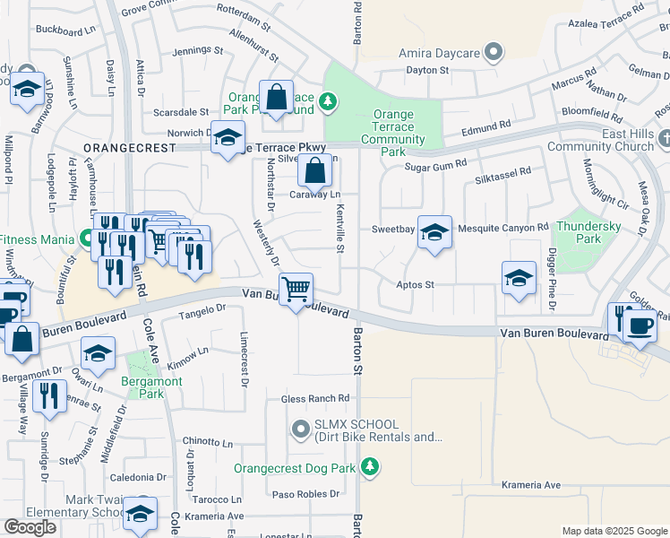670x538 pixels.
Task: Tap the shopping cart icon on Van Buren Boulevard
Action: (x=296, y=290)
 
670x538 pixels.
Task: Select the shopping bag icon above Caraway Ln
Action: (x=314, y=169)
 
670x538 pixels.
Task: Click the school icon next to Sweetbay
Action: (x=434, y=232)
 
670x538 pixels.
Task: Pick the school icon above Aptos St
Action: (x=519, y=278)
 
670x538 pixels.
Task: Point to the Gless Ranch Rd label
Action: (x=314, y=399)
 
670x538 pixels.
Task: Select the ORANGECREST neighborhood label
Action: (x=125, y=146)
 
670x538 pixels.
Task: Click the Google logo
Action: (x=30, y=527)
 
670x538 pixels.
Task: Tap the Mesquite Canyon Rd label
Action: (x=502, y=229)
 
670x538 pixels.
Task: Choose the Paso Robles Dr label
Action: (x=305, y=494)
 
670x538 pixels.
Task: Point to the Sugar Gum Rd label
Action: (x=436, y=165)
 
